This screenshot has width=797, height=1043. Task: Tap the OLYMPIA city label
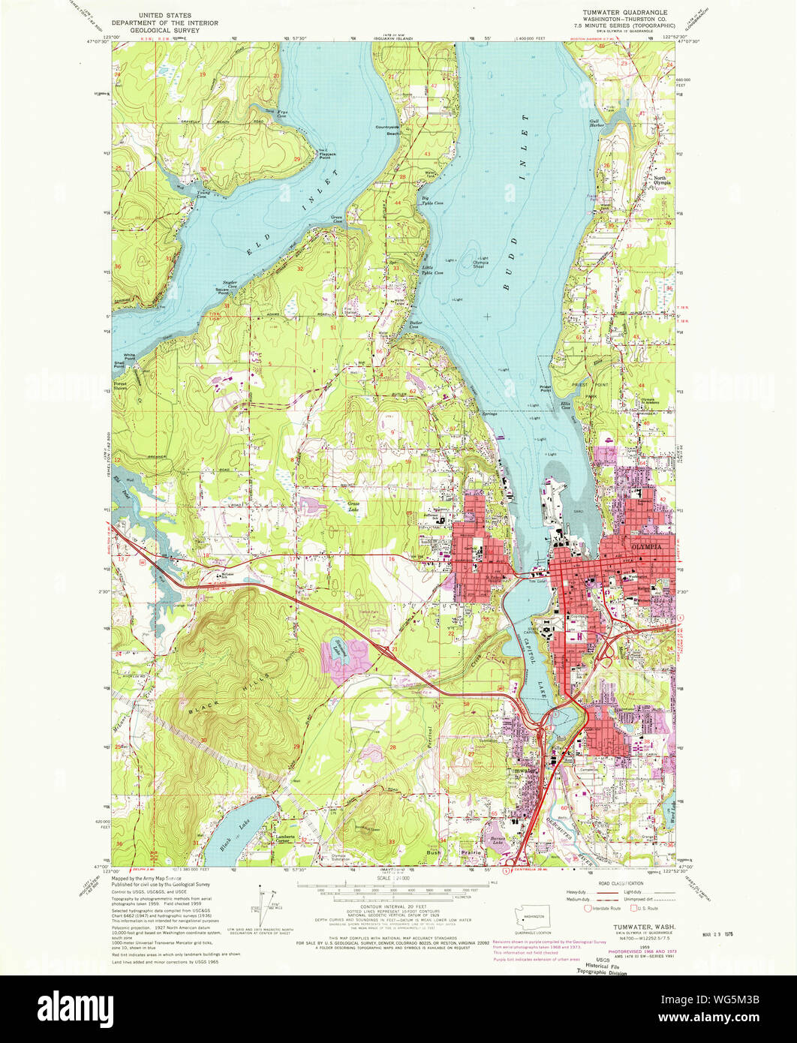[x=648, y=547]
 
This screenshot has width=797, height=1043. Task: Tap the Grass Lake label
[x=353, y=506]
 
